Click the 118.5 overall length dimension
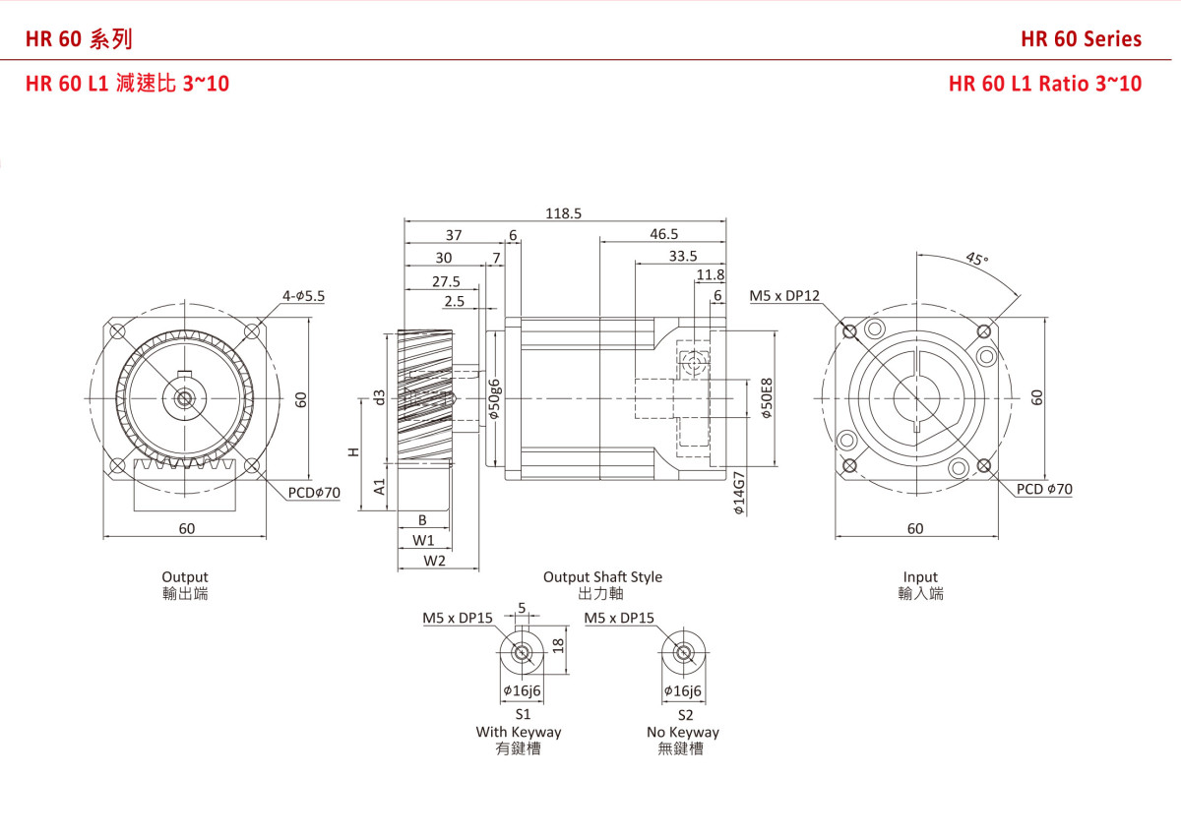(564, 212)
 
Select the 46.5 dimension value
(663, 234)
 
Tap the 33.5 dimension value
(682, 256)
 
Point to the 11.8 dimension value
(710, 275)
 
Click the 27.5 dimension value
(445, 280)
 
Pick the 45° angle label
(975, 259)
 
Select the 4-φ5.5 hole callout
(303, 295)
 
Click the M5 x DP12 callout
(783, 295)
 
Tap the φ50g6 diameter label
(495, 398)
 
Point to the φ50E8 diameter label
(767, 399)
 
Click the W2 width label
(435, 561)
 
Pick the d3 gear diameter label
(379, 397)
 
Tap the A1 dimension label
(379, 487)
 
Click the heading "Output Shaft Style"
(602, 577)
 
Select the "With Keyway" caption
(519, 732)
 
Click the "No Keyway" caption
(682, 732)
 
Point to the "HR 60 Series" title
(1081, 39)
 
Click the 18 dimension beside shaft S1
(557, 645)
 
